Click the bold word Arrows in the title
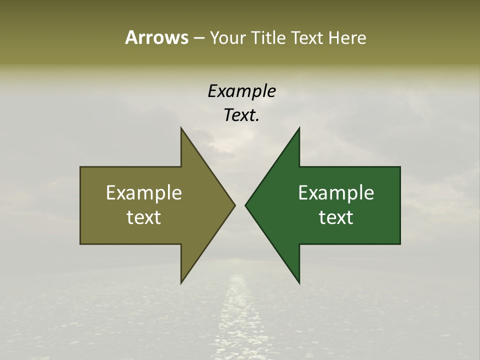pos(156,38)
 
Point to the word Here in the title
pos(347,38)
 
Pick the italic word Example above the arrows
pos(242,91)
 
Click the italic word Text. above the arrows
pos(242,115)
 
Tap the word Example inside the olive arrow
pos(144,192)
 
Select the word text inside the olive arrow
pos(144,217)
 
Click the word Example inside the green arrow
pos(336,192)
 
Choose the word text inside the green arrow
pos(336,217)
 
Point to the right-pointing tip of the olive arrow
pos(234,205)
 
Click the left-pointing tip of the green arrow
pos(245,205)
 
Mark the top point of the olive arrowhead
pos(181,128)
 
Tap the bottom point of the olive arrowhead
pos(181,283)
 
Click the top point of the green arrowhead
pos(299,128)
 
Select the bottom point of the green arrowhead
pos(299,283)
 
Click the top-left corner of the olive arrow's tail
pos(80,167)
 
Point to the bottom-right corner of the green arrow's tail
pos(400,244)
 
